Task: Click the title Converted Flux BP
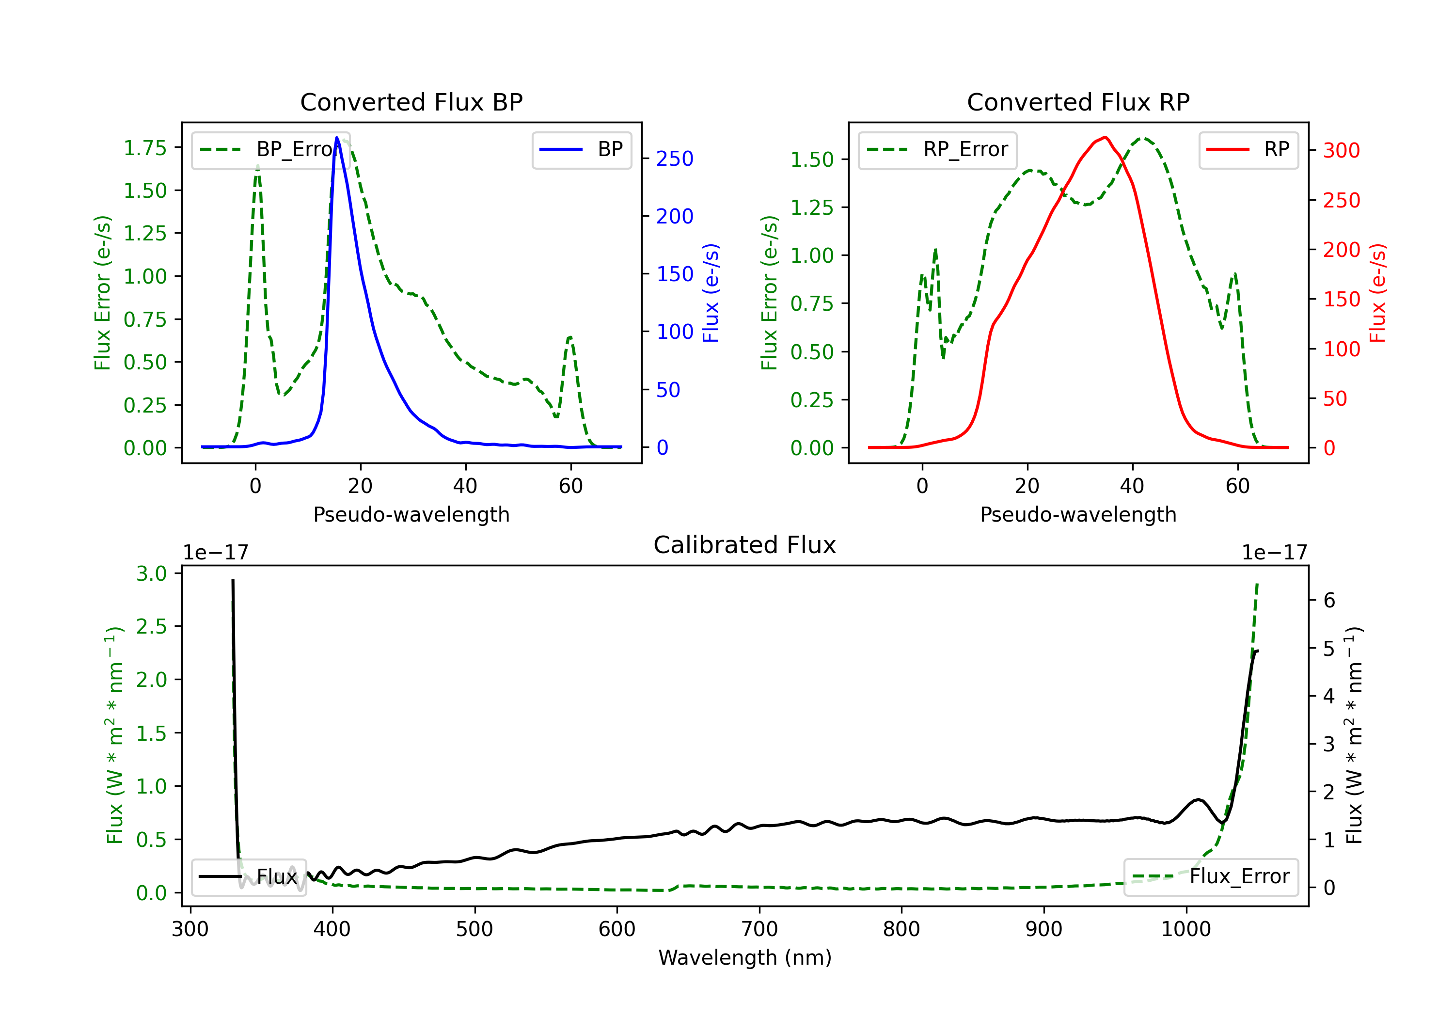pos(411,102)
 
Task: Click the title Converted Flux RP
pos(1078,102)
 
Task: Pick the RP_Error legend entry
pos(937,149)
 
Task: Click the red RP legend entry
pos(1248,149)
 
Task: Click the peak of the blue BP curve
pos(337,138)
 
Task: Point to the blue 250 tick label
pos(675,159)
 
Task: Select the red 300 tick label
pos(1341,150)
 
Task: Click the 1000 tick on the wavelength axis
pos(1185,929)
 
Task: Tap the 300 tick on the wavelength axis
pos(190,929)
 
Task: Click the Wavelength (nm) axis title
pos(745,957)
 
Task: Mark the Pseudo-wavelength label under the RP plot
pos(1078,514)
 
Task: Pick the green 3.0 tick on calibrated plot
pos(151,573)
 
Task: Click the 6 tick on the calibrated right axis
pos(1329,601)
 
